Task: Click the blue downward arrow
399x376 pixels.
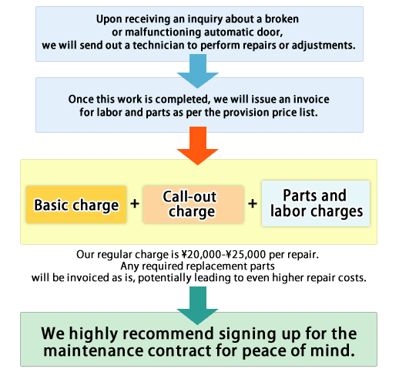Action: pos(198,71)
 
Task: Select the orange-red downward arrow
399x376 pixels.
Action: pos(198,145)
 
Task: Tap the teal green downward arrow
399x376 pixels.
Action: pos(198,306)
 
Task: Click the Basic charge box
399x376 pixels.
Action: pos(76,205)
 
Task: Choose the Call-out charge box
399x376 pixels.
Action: pos(193,205)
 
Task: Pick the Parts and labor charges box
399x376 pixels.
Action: pos(316,204)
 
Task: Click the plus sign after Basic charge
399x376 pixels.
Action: pos(135,204)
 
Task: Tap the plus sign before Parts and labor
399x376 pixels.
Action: pos(253,204)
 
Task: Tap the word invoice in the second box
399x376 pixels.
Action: pos(311,100)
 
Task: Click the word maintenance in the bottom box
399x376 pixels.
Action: pos(93,351)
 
